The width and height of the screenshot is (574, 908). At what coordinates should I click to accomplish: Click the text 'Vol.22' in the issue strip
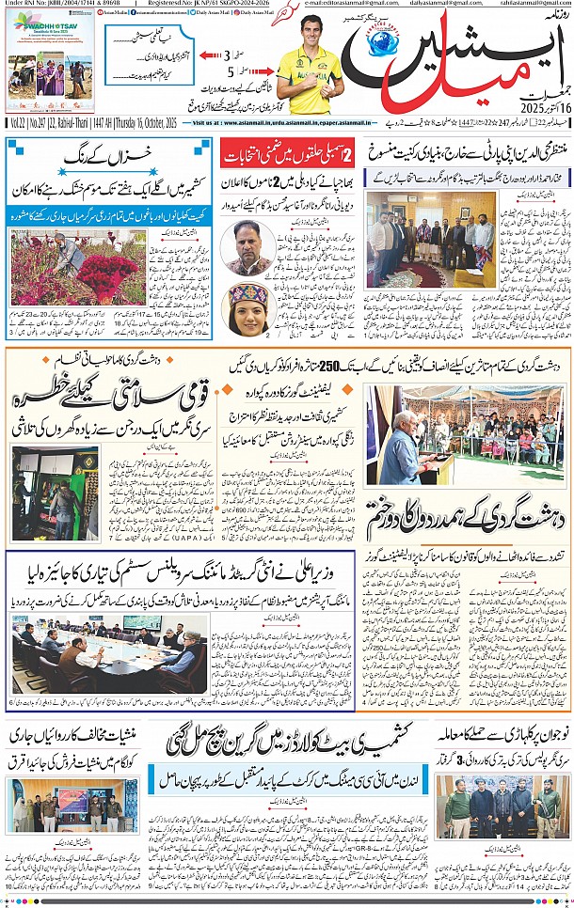coord(17,122)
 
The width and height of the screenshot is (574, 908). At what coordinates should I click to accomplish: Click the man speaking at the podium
coord(399,451)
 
